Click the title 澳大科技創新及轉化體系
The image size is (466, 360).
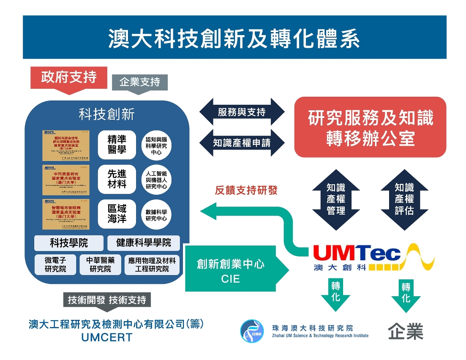click(x=234, y=38)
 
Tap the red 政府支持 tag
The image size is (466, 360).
click(x=69, y=78)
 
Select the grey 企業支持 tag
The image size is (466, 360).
click(x=139, y=82)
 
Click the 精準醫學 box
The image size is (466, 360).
click(x=117, y=145)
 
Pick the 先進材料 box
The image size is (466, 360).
click(x=117, y=179)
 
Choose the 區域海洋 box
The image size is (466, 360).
click(x=117, y=213)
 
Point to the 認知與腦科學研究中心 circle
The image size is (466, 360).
click(x=156, y=145)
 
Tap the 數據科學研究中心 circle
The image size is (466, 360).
click(x=156, y=214)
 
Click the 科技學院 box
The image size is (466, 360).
click(x=69, y=243)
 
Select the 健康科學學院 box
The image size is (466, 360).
click(x=144, y=243)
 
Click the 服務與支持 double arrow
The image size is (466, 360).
click(x=242, y=112)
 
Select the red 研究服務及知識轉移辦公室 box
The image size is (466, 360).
click(x=370, y=127)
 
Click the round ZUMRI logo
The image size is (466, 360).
click(x=252, y=331)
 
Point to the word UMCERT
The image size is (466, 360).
click(x=107, y=338)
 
